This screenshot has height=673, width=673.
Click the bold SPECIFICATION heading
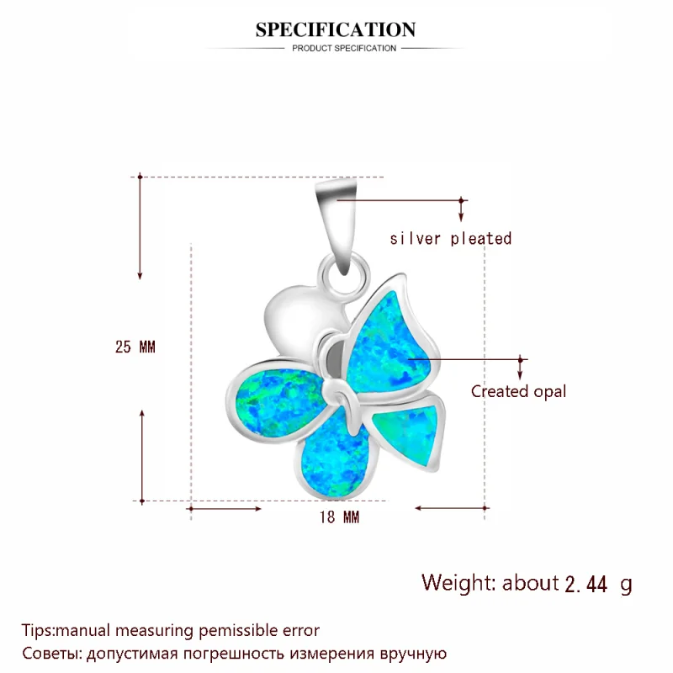coord(336,30)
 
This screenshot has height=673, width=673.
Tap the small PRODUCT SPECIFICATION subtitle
coord(343,49)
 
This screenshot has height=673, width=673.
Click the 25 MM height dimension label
coord(135,347)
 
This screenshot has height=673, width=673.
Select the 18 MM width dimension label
coord(340,517)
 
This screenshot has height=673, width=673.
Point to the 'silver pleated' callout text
coord(450,239)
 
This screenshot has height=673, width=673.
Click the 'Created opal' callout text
coord(518,391)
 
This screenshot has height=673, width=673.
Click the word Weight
coord(459,583)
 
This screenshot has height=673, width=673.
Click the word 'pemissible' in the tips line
coord(233,629)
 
